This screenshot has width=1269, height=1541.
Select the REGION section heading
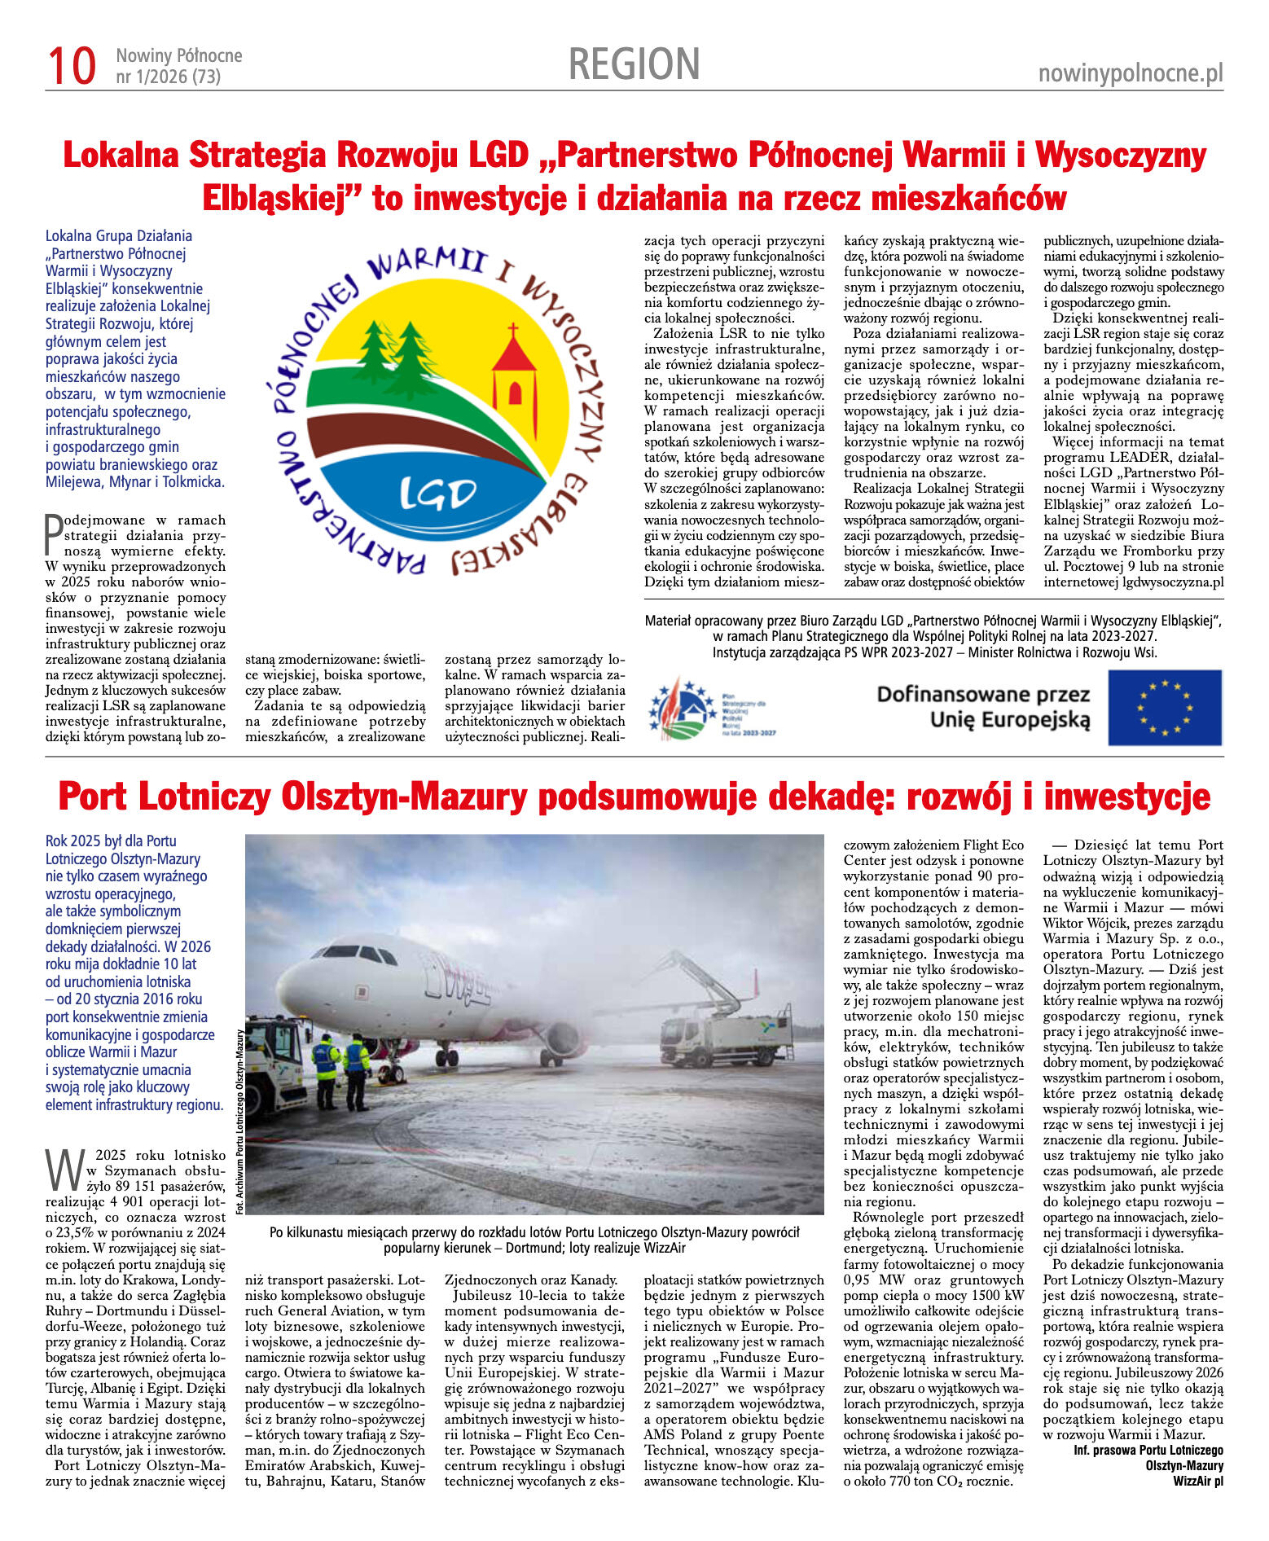tap(634, 64)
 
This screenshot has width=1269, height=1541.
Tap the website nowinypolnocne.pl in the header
tap(1131, 74)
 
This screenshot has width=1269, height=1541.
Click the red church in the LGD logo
tap(514, 373)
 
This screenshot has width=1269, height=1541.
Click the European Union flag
tap(1165, 707)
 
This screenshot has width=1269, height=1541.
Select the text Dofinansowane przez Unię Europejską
tap(983, 707)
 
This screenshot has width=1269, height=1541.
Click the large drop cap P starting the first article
tap(53, 533)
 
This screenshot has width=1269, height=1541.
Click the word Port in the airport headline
tap(94, 797)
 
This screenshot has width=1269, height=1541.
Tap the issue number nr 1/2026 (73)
tap(169, 77)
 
